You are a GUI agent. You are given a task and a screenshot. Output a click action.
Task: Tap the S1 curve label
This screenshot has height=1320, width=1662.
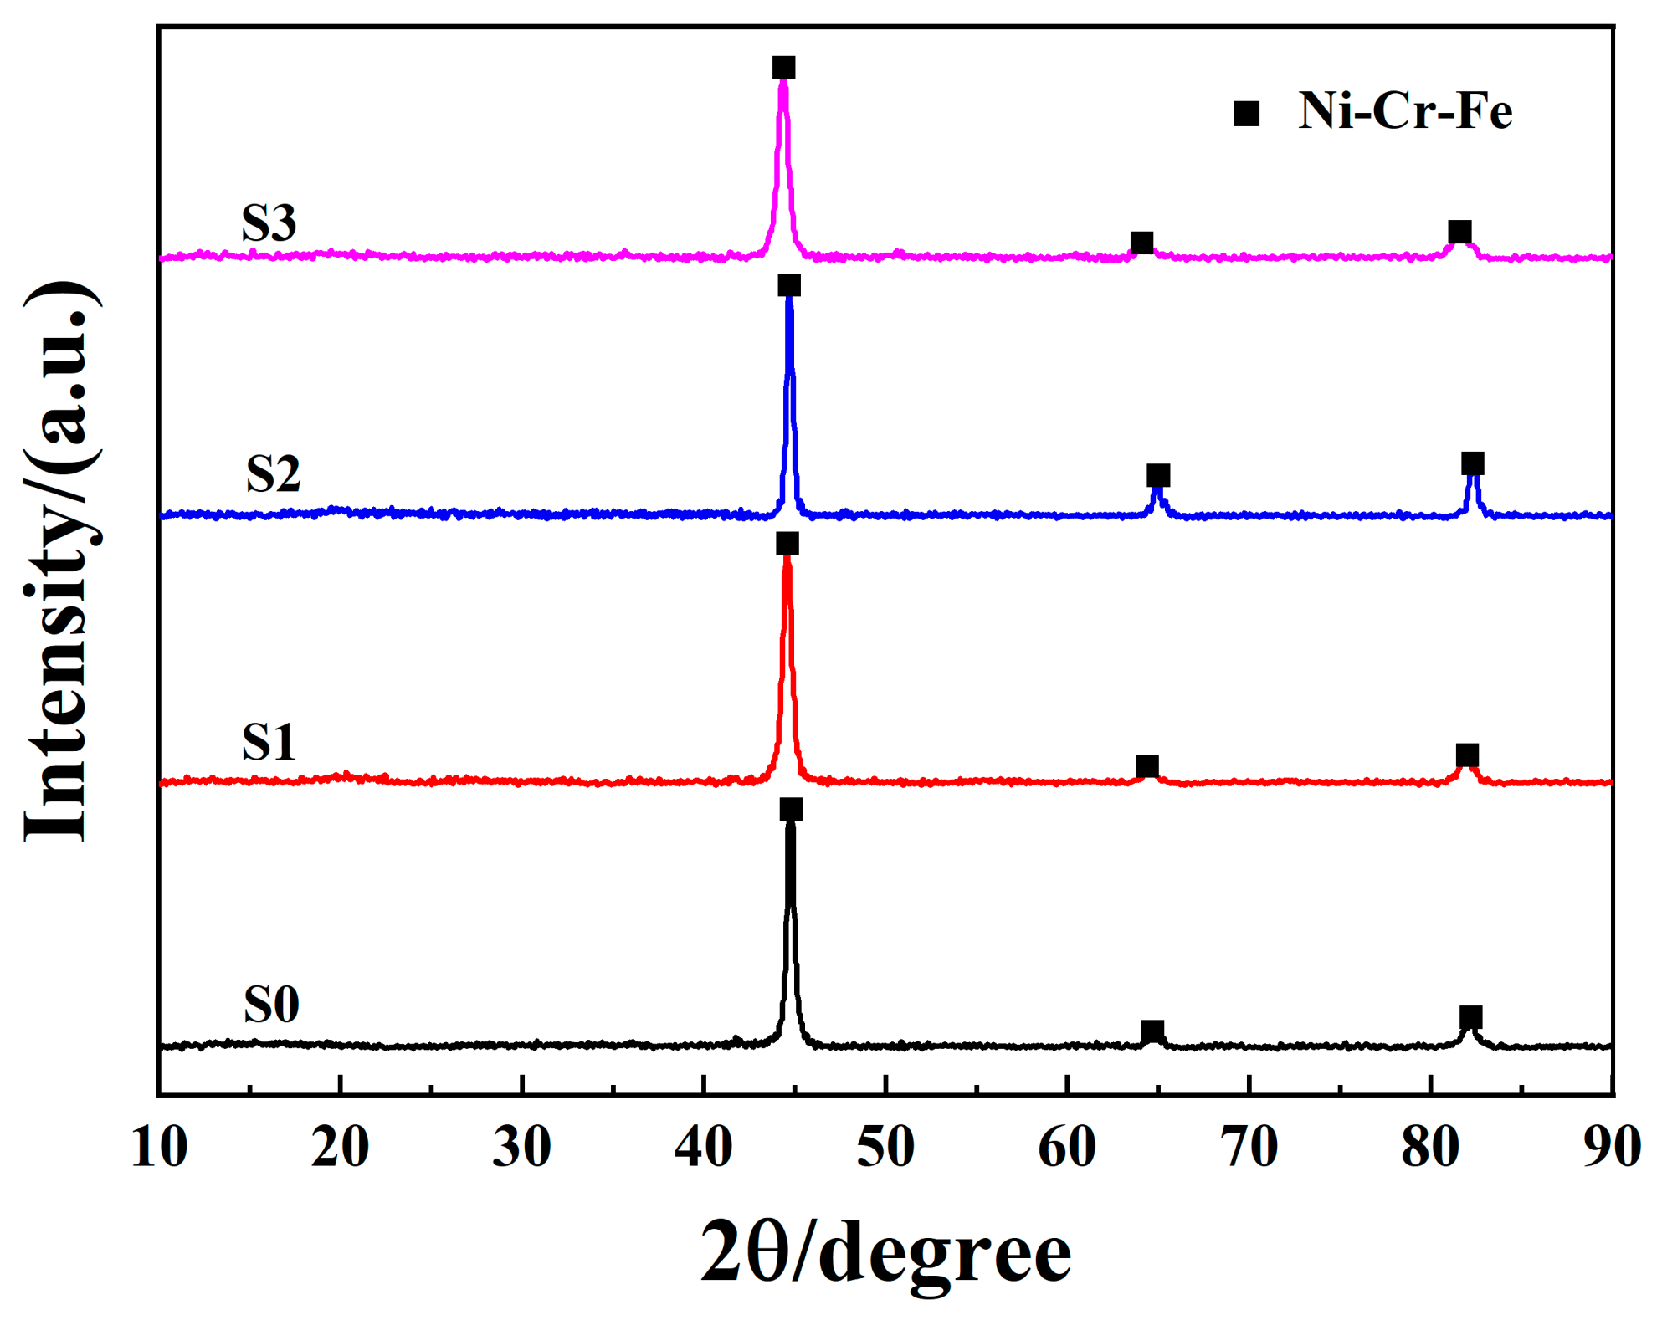[269, 741]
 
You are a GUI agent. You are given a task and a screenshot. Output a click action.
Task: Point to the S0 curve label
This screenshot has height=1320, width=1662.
[271, 1004]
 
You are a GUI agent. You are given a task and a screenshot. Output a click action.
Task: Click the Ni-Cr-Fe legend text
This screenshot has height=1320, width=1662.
[1405, 111]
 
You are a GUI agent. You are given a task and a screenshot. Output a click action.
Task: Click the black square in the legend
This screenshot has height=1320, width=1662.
[1247, 114]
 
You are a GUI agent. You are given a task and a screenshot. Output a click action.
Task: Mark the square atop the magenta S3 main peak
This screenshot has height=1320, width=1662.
[783, 68]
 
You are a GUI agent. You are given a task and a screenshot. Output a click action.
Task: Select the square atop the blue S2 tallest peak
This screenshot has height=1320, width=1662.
[788, 286]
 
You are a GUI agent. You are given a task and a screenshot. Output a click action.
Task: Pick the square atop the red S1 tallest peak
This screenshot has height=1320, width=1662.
[787, 544]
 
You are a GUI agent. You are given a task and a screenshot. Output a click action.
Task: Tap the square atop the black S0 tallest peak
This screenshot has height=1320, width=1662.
[791, 809]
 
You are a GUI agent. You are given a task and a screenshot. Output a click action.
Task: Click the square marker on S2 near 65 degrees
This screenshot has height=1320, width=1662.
[1158, 476]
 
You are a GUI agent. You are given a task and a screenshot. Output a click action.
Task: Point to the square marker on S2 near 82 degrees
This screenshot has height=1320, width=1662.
[1473, 463]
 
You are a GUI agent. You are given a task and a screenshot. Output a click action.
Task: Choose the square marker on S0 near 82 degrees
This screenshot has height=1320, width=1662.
[1470, 1017]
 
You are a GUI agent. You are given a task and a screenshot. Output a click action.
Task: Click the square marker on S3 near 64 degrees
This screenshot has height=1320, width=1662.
[1141, 243]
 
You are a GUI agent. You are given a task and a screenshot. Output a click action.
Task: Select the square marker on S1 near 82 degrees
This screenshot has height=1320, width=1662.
[1467, 755]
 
